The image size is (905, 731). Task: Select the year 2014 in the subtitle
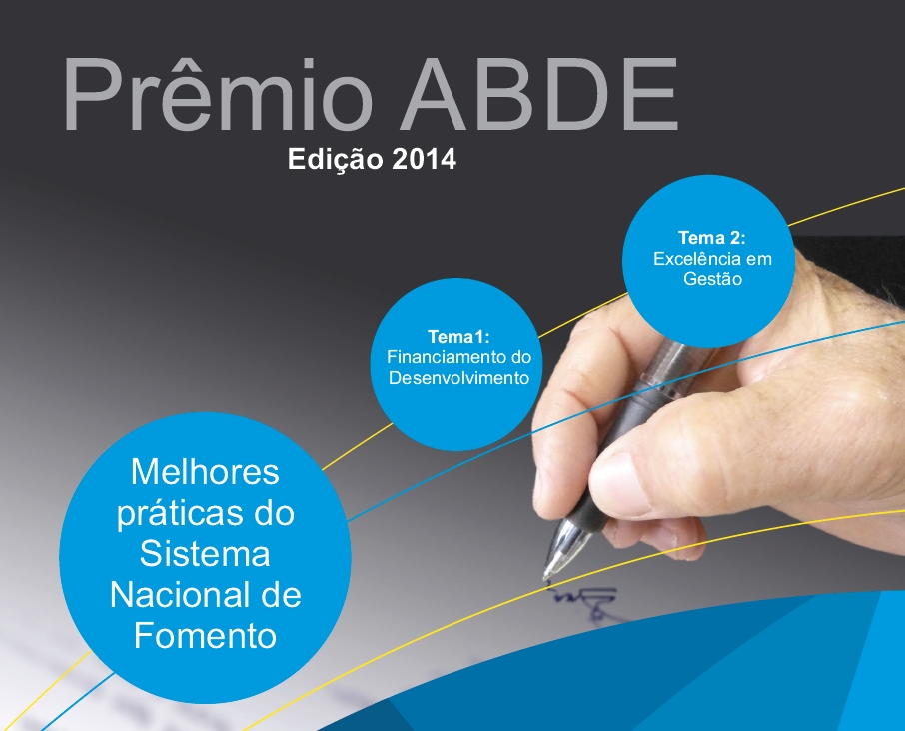(x=424, y=159)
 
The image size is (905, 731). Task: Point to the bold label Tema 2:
(x=711, y=238)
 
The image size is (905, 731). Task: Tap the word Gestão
(x=712, y=279)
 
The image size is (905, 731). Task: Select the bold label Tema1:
(x=458, y=336)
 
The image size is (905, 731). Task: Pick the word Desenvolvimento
(x=458, y=377)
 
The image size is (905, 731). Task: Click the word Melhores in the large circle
(x=205, y=472)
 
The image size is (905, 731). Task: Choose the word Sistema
(x=205, y=554)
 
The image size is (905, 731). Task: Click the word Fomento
(x=205, y=636)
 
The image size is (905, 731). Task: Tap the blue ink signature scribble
(x=584, y=602)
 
